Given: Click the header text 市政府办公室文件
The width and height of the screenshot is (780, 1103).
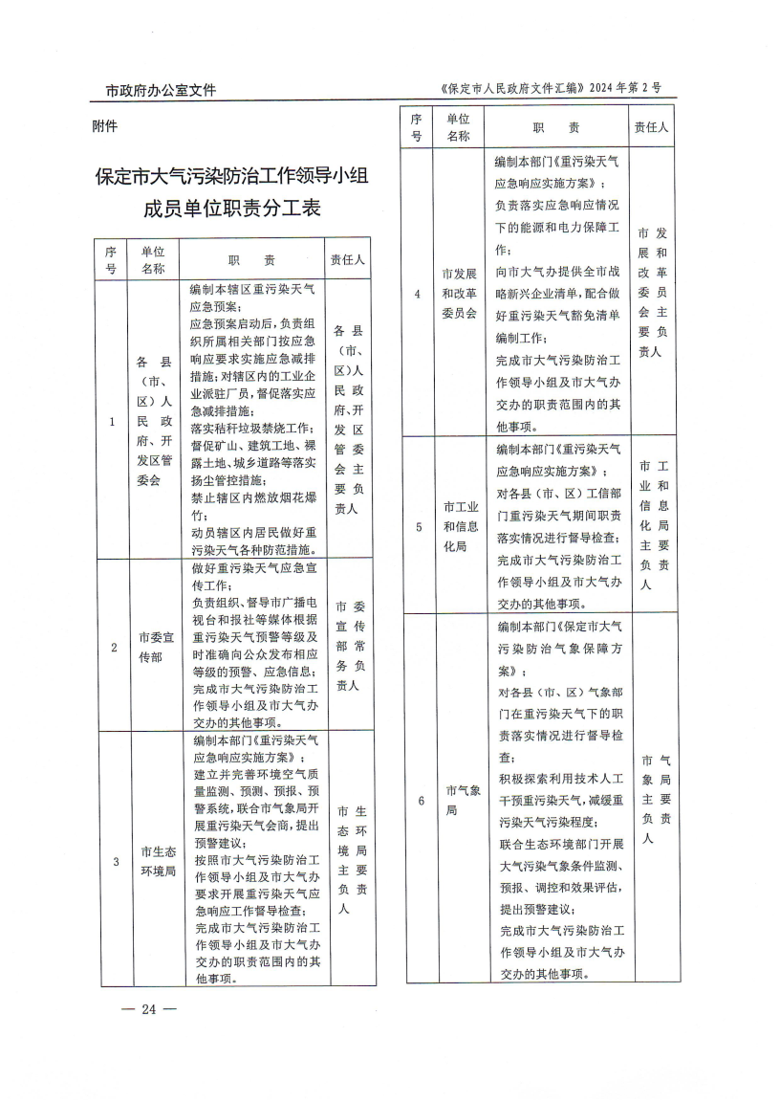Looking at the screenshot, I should point(161,91).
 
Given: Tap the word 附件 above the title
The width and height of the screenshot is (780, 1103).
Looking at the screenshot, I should point(105,126).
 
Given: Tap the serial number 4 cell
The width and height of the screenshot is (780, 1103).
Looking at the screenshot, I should point(417,293).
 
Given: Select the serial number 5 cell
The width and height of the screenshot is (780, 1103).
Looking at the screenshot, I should point(417,526).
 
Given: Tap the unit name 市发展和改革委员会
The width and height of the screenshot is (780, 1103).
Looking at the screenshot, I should point(459,293).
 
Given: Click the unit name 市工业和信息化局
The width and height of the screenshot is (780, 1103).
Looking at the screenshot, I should point(461,526).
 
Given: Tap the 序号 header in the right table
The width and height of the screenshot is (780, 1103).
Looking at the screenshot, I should point(416,127).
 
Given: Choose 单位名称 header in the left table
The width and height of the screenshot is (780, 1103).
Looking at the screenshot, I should point(153,258).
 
